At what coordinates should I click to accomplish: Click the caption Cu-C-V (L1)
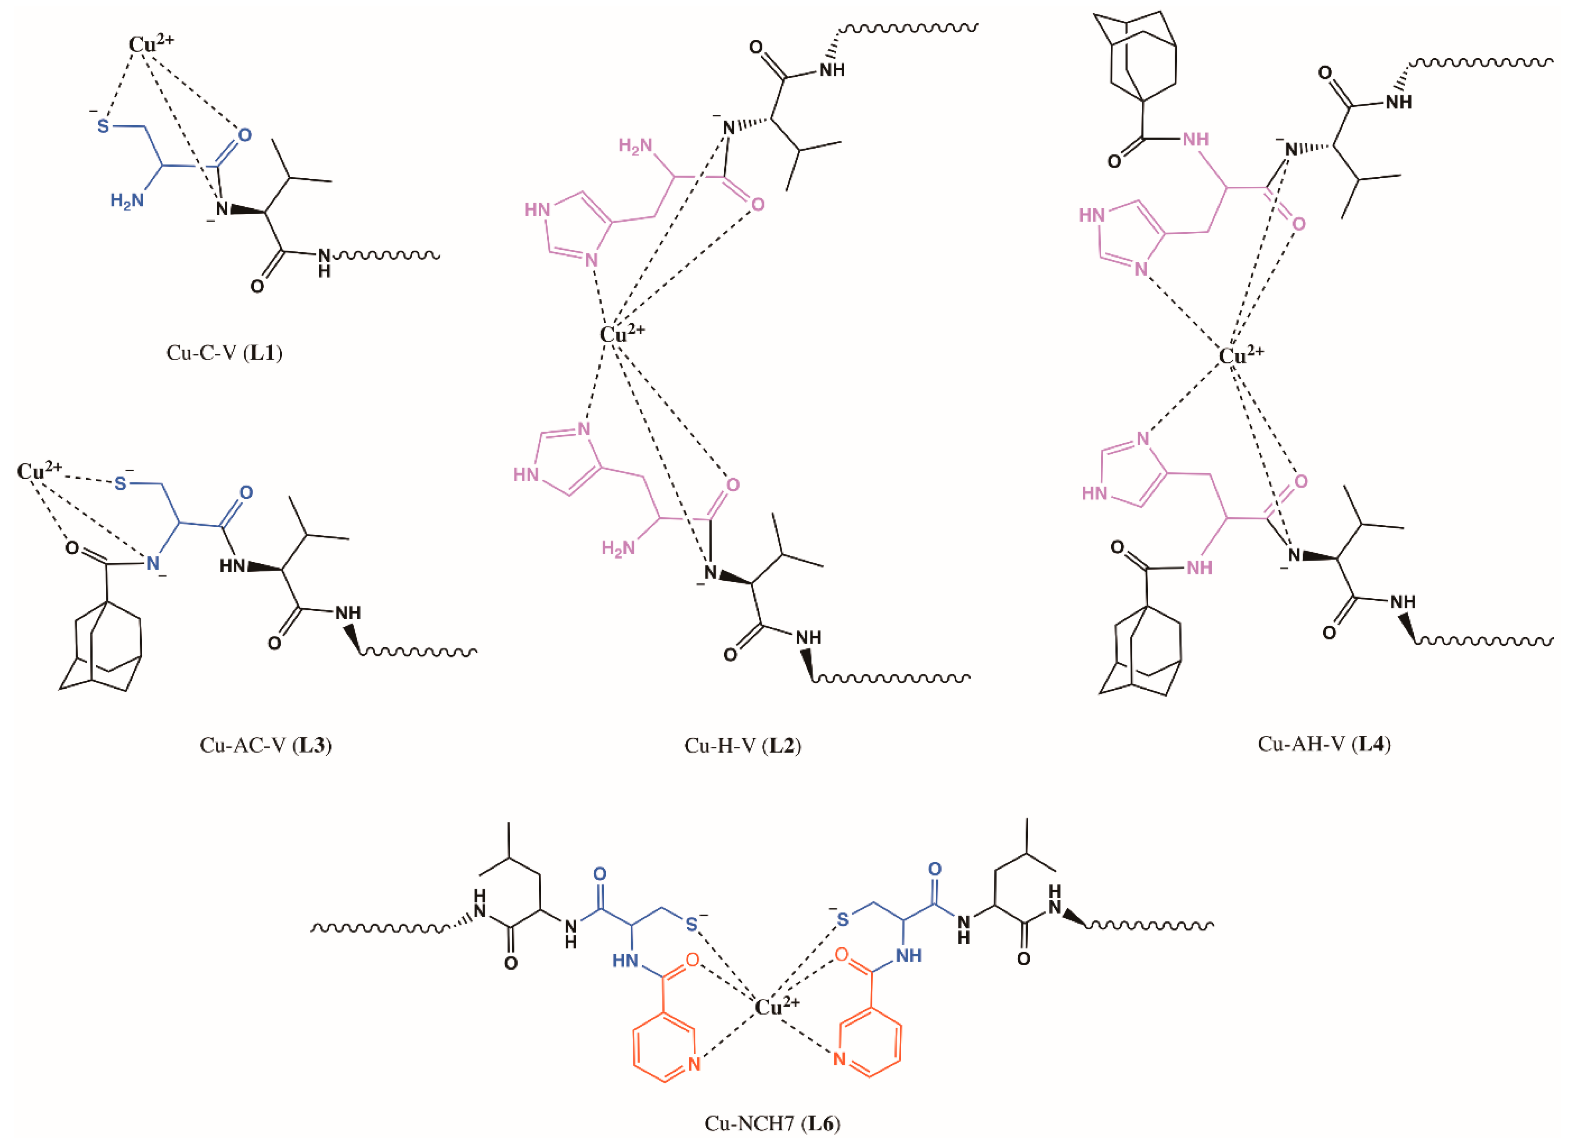click(x=224, y=353)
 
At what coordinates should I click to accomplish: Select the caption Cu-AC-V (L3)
click(x=265, y=745)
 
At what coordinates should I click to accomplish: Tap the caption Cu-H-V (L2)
click(x=742, y=745)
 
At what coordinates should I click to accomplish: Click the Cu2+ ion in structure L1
click(x=150, y=44)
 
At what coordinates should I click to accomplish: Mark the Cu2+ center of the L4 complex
click(x=1240, y=355)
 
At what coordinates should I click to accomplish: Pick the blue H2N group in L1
click(x=127, y=201)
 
